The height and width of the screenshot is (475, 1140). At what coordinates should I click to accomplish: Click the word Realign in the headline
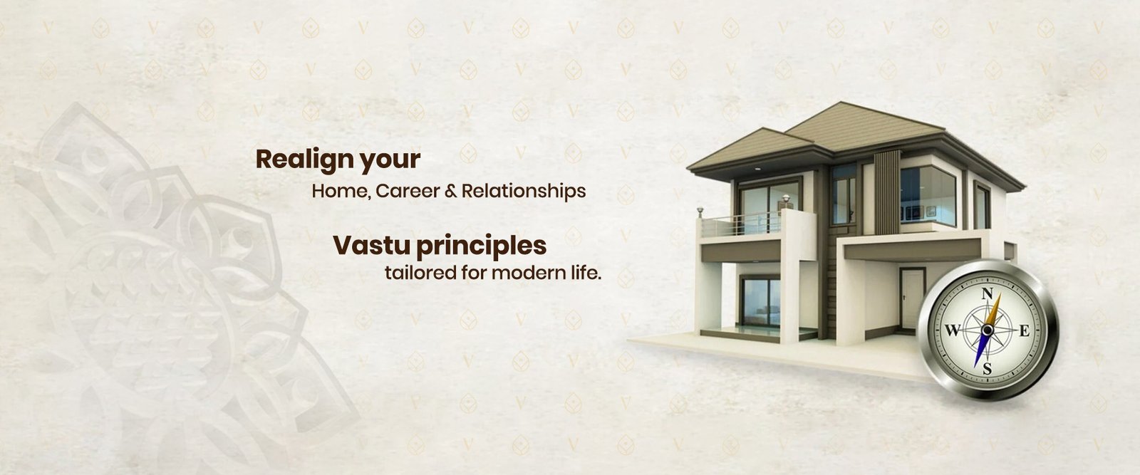[x=305, y=160]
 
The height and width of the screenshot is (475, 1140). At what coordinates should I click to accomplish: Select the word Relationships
[x=524, y=192]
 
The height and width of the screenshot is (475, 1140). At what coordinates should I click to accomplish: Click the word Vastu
[x=371, y=246]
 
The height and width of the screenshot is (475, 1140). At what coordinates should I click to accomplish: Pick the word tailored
[x=420, y=273]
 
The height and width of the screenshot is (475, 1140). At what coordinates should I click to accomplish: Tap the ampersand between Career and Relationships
[x=451, y=192]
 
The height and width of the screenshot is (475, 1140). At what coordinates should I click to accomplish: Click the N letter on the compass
[x=987, y=294]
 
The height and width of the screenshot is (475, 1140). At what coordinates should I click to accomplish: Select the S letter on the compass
[x=988, y=369]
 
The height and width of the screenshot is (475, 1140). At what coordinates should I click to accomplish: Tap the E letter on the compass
[x=1025, y=331]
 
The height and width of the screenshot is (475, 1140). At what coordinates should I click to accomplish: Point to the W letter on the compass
[x=952, y=331]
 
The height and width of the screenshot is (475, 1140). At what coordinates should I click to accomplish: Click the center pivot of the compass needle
[x=988, y=330]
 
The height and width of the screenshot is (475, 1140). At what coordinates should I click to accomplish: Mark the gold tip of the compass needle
[x=1000, y=295]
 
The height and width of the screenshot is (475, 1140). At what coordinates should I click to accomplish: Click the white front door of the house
[x=911, y=299]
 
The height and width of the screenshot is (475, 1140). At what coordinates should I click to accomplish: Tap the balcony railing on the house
[x=741, y=224]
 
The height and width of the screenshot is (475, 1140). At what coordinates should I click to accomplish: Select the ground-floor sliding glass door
[x=760, y=302]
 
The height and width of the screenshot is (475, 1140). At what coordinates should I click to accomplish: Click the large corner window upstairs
[x=927, y=196]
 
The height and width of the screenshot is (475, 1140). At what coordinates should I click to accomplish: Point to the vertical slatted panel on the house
[x=887, y=192]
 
